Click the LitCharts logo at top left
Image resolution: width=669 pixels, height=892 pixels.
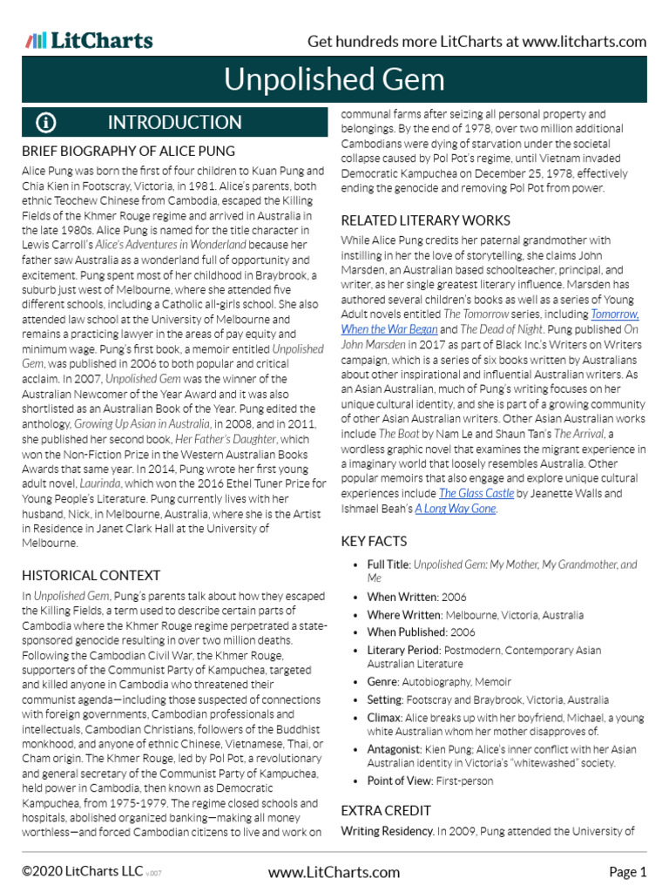pyautogui.click(x=89, y=41)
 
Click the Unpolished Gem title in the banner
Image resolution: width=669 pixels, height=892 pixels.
pyautogui.click(x=334, y=80)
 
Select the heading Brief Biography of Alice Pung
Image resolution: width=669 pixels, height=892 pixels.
pyautogui.click(x=128, y=152)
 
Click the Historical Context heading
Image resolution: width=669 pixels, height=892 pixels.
pyautogui.click(x=91, y=575)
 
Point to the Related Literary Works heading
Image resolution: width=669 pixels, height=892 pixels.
pyautogui.click(x=425, y=220)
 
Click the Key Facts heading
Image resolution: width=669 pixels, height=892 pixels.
pyautogui.click(x=373, y=542)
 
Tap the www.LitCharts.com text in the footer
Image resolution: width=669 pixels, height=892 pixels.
pyautogui.click(x=334, y=872)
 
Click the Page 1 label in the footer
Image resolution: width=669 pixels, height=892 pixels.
pyautogui.click(x=627, y=872)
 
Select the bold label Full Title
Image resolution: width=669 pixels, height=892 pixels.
pyautogui.click(x=389, y=564)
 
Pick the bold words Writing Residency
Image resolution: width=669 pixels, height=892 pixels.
pyautogui.click(x=387, y=832)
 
